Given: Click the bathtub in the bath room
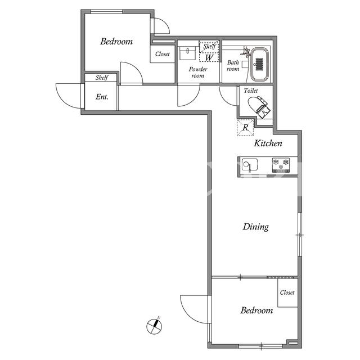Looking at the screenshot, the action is (260, 64).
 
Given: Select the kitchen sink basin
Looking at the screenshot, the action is (250, 165).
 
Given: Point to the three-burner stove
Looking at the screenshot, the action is (281, 165).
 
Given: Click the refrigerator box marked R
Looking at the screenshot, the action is (245, 127).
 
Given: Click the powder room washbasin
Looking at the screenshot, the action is (187, 53).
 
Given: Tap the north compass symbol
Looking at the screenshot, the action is (154, 326).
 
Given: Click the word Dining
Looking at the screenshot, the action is (256, 227).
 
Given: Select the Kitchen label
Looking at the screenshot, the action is (268, 143).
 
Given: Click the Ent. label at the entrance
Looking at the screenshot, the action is (102, 97).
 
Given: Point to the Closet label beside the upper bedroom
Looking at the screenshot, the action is (163, 54).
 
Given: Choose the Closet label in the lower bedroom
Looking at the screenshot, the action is (287, 292).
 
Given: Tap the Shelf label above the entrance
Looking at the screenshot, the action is (102, 78).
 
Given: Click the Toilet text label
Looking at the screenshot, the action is (251, 91).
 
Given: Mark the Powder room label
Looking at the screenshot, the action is (198, 73).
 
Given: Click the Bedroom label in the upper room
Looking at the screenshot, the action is (116, 42).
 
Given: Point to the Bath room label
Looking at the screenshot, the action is (233, 66).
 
